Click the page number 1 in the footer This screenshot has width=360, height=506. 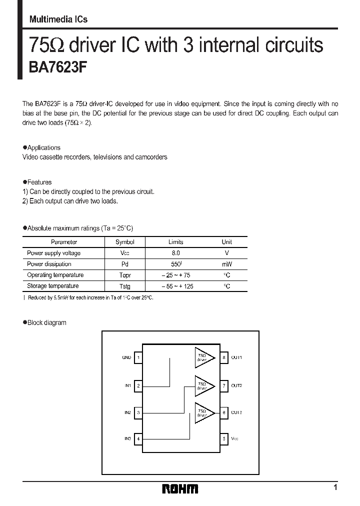(x=335, y=487)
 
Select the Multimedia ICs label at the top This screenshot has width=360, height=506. (x=58, y=19)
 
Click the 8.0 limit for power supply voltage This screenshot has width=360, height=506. (x=175, y=253)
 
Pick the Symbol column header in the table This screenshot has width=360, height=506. (x=124, y=242)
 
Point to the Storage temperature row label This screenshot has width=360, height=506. (x=53, y=286)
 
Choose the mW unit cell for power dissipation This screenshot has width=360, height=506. (x=226, y=264)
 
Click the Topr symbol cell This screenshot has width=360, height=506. (x=124, y=275)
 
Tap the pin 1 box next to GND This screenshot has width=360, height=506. (x=138, y=358)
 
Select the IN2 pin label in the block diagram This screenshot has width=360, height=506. (x=127, y=412)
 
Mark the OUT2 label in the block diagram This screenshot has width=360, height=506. (x=236, y=385)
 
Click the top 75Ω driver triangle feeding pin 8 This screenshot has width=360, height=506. (x=202, y=357)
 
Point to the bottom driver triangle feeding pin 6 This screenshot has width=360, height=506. (x=202, y=412)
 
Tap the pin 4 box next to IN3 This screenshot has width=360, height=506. (x=138, y=438)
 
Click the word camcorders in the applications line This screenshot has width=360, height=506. (x=150, y=157)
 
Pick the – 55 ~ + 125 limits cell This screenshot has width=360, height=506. (x=177, y=286)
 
